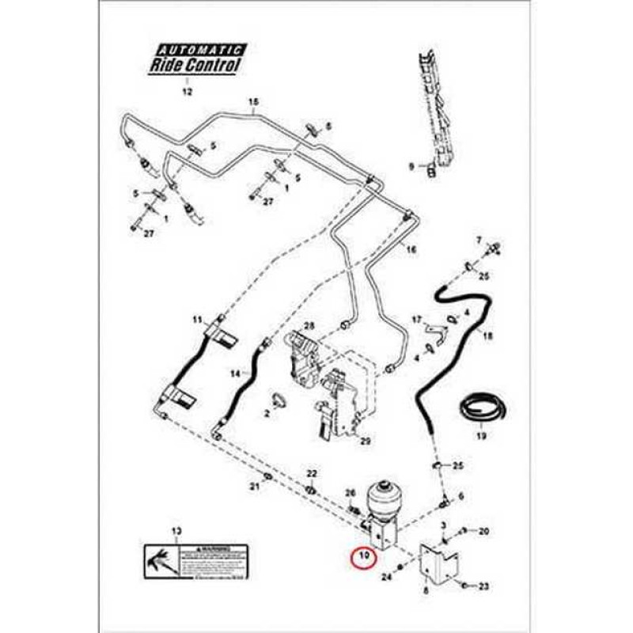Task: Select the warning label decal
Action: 195,560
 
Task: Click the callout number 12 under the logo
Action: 188,92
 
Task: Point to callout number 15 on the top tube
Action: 254,103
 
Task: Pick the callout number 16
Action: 411,250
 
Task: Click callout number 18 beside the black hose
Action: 487,336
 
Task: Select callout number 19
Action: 479,435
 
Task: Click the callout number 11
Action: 197,320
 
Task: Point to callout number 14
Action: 235,372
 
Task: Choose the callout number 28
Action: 309,326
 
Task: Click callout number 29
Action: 366,440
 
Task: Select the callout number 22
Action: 311,473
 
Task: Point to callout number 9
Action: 411,166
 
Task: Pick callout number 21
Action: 255,485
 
